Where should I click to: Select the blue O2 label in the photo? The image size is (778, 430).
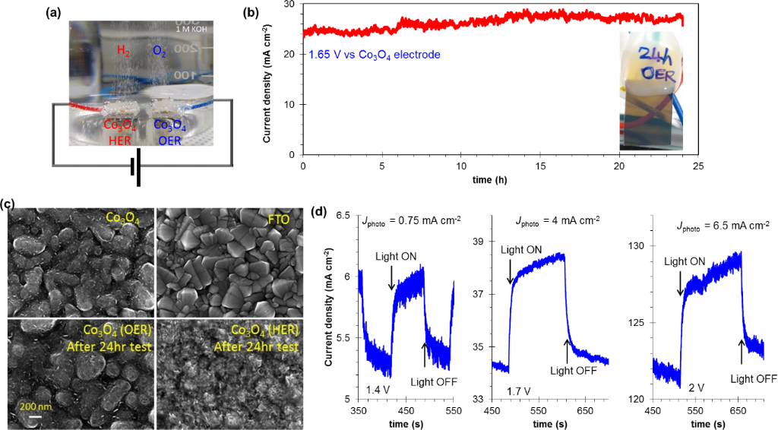coord(159,50)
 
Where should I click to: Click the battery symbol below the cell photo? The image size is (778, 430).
coord(135,171)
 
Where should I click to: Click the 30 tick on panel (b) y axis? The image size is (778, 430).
coord(291,5)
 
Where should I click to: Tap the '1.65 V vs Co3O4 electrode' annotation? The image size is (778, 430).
coord(375,55)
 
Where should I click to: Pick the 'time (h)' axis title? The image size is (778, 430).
coord(501,181)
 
